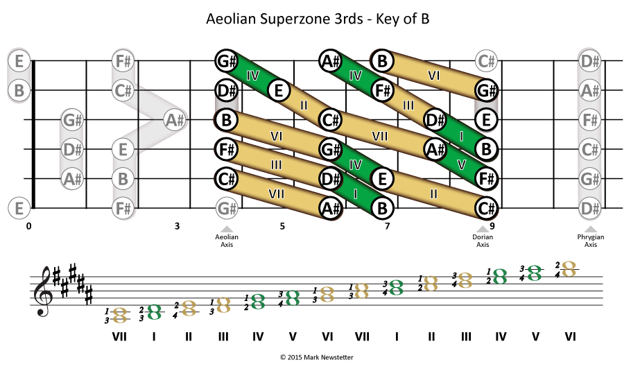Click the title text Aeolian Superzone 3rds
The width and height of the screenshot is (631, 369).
284,19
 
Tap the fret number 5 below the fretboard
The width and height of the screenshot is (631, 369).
282,226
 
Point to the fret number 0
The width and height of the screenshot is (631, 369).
28,226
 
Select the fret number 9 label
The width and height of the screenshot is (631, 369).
492,226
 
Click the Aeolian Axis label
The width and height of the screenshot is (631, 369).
227,241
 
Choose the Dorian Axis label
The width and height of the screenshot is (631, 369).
483,241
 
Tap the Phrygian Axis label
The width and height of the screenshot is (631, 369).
590,241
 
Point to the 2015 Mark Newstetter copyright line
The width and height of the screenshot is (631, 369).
317,357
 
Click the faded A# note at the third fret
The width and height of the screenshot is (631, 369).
175,120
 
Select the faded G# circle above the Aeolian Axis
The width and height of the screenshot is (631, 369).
226,208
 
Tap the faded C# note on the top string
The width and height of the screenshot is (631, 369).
486,61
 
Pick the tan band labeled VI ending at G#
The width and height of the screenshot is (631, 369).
434,75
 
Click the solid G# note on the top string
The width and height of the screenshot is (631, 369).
226,61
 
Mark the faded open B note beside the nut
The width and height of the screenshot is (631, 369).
19,90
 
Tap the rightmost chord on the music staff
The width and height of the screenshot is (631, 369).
569,269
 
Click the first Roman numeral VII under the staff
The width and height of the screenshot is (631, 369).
119,336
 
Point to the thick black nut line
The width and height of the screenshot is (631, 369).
33,135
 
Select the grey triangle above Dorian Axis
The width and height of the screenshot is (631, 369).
483,230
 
